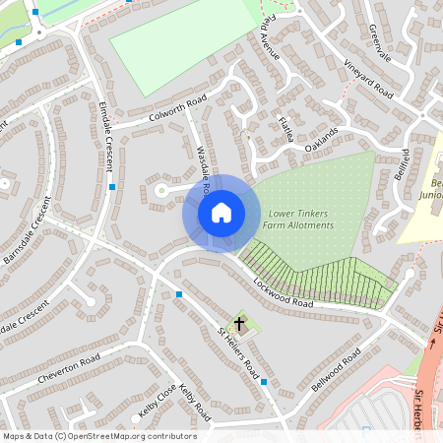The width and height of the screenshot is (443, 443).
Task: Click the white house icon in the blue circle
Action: tap(221, 213)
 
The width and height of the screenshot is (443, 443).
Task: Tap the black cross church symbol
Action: tap(239, 323)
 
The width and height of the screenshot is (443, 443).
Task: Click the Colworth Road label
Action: tap(177, 107)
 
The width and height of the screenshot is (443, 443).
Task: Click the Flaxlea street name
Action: tap(286, 131)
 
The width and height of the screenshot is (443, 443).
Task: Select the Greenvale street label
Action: tap(380, 44)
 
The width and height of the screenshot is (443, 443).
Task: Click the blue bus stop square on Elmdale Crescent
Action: tap(113, 186)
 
